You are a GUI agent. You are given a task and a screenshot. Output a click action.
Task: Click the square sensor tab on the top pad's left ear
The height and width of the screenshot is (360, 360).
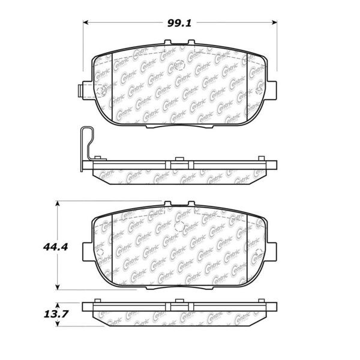coord(79,92)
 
